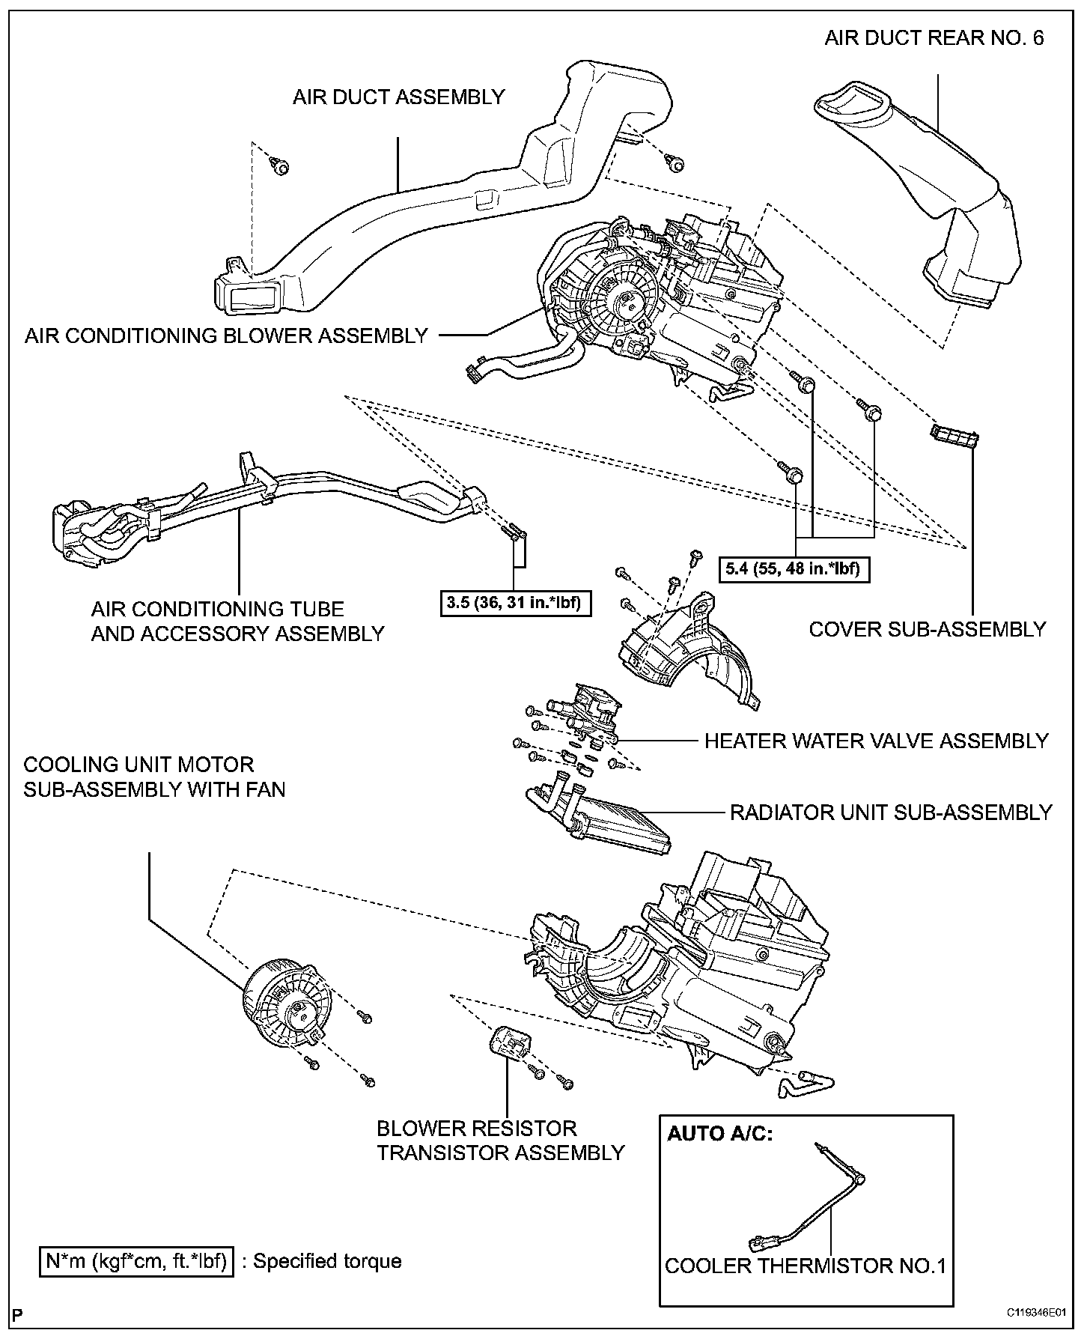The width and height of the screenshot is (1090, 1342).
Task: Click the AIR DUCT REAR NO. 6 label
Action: click(934, 38)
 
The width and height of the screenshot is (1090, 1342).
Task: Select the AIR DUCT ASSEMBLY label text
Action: click(398, 97)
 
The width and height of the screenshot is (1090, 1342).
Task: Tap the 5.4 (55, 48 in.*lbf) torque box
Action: click(794, 569)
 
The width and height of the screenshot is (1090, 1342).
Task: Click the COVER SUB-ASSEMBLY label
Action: click(927, 629)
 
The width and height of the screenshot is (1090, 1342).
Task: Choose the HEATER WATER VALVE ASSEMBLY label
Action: click(876, 741)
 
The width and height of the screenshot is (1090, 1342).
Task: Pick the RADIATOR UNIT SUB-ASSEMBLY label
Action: click(891, 812)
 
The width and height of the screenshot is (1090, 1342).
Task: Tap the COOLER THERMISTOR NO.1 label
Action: click(806, 1266)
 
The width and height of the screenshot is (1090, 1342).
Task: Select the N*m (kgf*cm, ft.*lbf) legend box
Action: click(136, 1261)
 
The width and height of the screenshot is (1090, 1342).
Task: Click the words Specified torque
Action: click(327, 1261)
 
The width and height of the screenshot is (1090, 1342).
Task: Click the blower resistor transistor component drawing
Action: click(511, 1042)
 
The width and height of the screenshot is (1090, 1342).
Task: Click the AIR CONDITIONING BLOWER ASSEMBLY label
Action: click(226, 335)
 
